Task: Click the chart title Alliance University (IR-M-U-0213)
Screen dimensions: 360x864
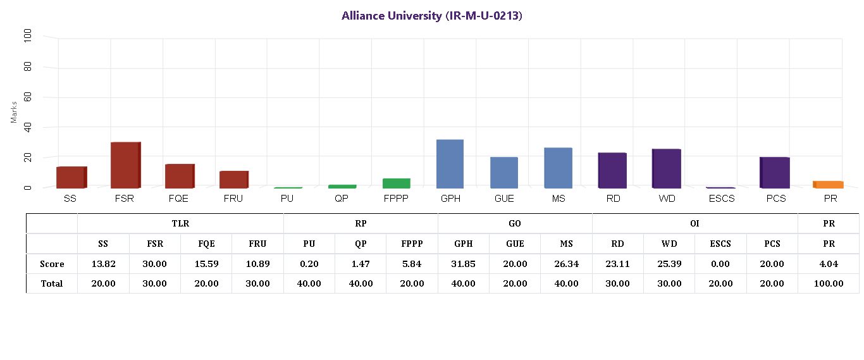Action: click(432, 16)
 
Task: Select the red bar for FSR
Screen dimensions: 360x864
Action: click(125, 165)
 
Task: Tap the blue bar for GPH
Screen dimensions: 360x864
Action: click(450, 164)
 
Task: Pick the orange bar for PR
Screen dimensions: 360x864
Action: click(828, 184)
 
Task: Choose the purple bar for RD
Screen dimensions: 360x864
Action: click(612, 170)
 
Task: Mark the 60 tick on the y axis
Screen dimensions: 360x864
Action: click(28, 97)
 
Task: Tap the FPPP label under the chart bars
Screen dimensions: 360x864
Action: click(396, 199)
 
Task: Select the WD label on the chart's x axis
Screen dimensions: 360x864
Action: click(667, 199)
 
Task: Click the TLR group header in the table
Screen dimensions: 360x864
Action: click(180, 223)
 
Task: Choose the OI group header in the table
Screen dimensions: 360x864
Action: click(694, 223)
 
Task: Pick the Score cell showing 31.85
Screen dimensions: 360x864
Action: click(463, 264)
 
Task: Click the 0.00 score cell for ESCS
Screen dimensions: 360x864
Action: click(720, 264)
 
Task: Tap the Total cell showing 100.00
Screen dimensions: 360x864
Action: click(828, 283)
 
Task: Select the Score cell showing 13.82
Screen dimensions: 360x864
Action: click(103, 264)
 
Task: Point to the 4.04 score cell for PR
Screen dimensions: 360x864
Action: click(828, 264)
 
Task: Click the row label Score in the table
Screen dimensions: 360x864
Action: click(51, 264)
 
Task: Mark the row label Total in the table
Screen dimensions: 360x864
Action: click(51, 283)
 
